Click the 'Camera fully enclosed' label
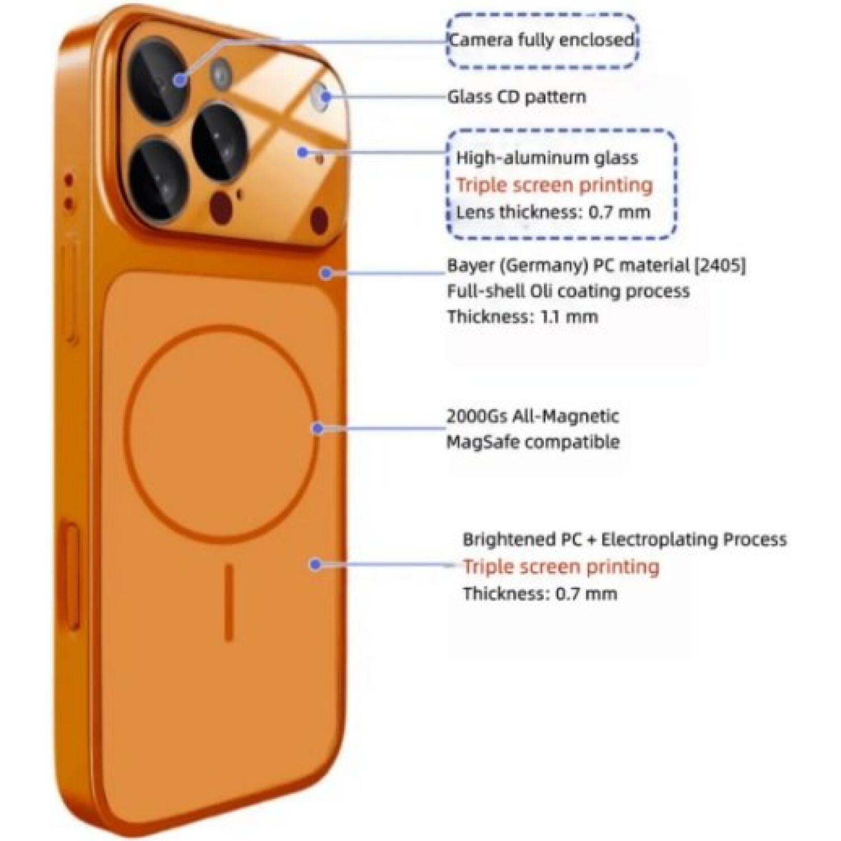coord(542,40)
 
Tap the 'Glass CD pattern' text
coord(516,96)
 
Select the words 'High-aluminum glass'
coord(547,158)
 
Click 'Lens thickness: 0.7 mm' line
coord(553,212)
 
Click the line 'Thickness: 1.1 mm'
coord(523,317)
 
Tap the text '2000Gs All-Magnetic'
coord(533,416)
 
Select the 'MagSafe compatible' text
coord(533,442)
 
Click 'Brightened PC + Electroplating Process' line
coord(625,539)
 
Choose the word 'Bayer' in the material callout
coord(470,265)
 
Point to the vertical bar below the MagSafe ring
coord(229,602)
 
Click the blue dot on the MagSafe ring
coord(317,429)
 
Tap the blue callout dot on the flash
coord(326,96)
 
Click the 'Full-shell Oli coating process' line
coord(569,291)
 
